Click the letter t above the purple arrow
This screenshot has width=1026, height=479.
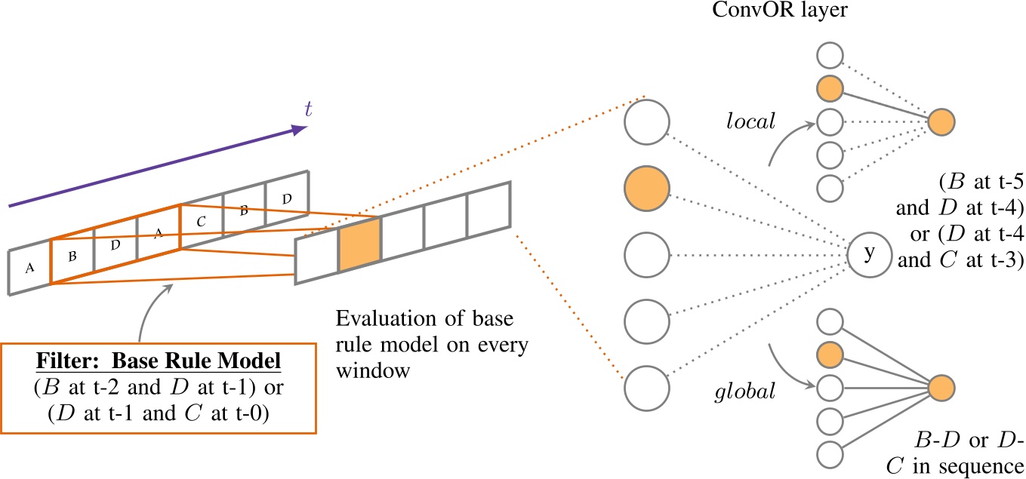coord(307,109)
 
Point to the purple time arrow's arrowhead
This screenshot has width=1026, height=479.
coord(300,130)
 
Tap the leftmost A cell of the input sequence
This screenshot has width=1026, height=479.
coord(29,266)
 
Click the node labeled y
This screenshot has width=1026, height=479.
coord(868,254)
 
